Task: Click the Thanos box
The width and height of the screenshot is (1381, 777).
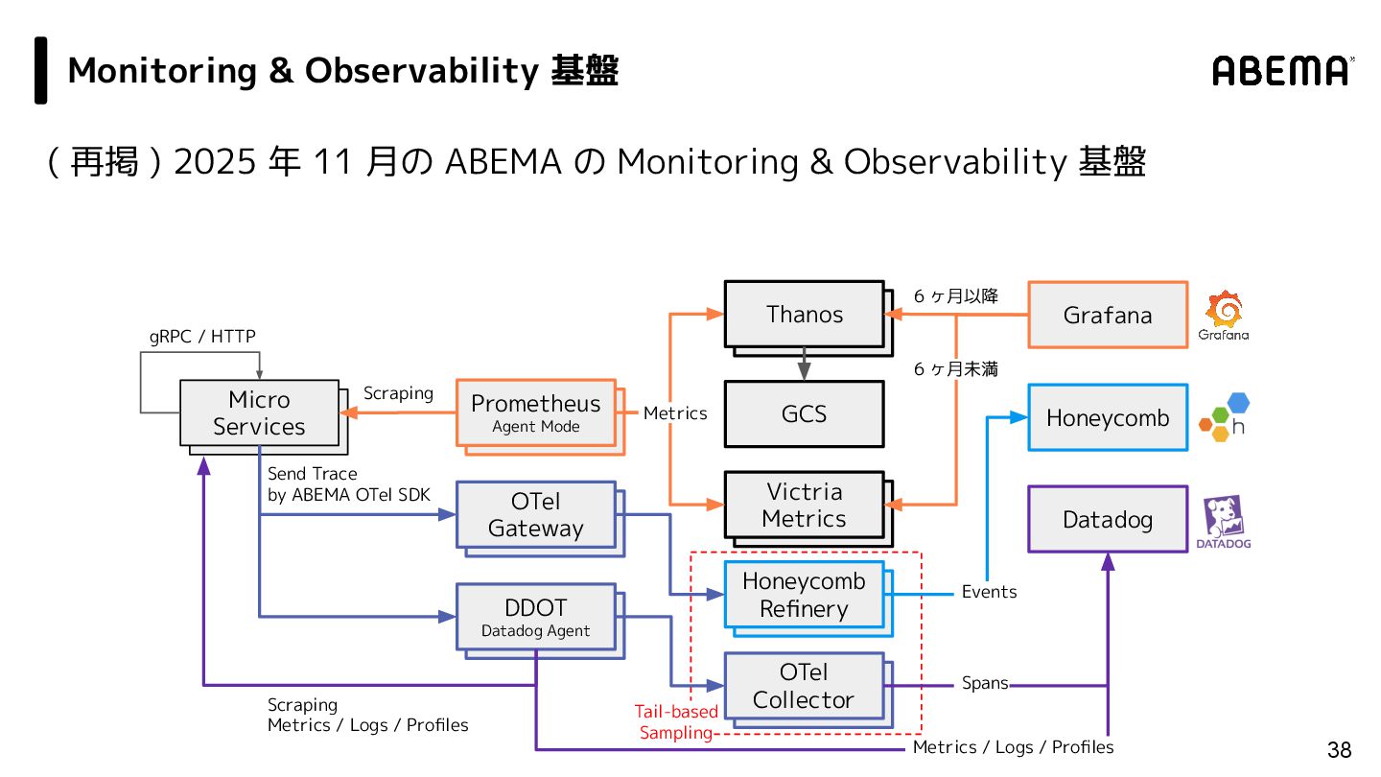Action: click(804, 314)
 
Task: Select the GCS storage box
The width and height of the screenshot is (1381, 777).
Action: click(804, 413)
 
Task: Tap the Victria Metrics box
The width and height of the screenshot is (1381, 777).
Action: click(804, 505)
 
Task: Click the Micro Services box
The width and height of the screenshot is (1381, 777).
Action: click(259, 412)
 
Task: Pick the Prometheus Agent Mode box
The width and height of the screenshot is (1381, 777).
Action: click(535, 412)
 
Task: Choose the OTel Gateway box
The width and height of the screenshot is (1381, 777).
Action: click(535, 514)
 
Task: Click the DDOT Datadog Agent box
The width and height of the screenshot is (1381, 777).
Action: click(535, 617)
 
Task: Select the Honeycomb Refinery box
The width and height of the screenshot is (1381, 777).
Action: click(804, 595)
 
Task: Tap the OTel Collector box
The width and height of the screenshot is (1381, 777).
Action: click(804, 686)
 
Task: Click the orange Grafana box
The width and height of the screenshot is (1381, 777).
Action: click(1108, 315)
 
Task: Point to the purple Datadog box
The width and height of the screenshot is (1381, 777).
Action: click(1108, 519)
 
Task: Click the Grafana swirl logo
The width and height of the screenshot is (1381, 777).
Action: click(1224, 310)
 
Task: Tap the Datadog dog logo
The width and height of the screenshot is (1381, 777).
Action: click(1224, 518)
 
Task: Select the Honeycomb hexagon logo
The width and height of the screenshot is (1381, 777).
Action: click(1224, 416)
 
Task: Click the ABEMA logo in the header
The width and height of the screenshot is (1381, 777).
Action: click(1282, 70)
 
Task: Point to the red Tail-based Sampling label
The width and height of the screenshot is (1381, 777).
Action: click(676, 722)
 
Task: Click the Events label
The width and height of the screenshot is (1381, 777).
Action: click(989, 592)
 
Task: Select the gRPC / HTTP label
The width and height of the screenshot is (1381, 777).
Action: click(202, 336)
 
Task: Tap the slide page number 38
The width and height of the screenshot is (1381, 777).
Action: click(1339, 749)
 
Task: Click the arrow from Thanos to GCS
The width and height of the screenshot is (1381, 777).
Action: click(804, 365)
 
